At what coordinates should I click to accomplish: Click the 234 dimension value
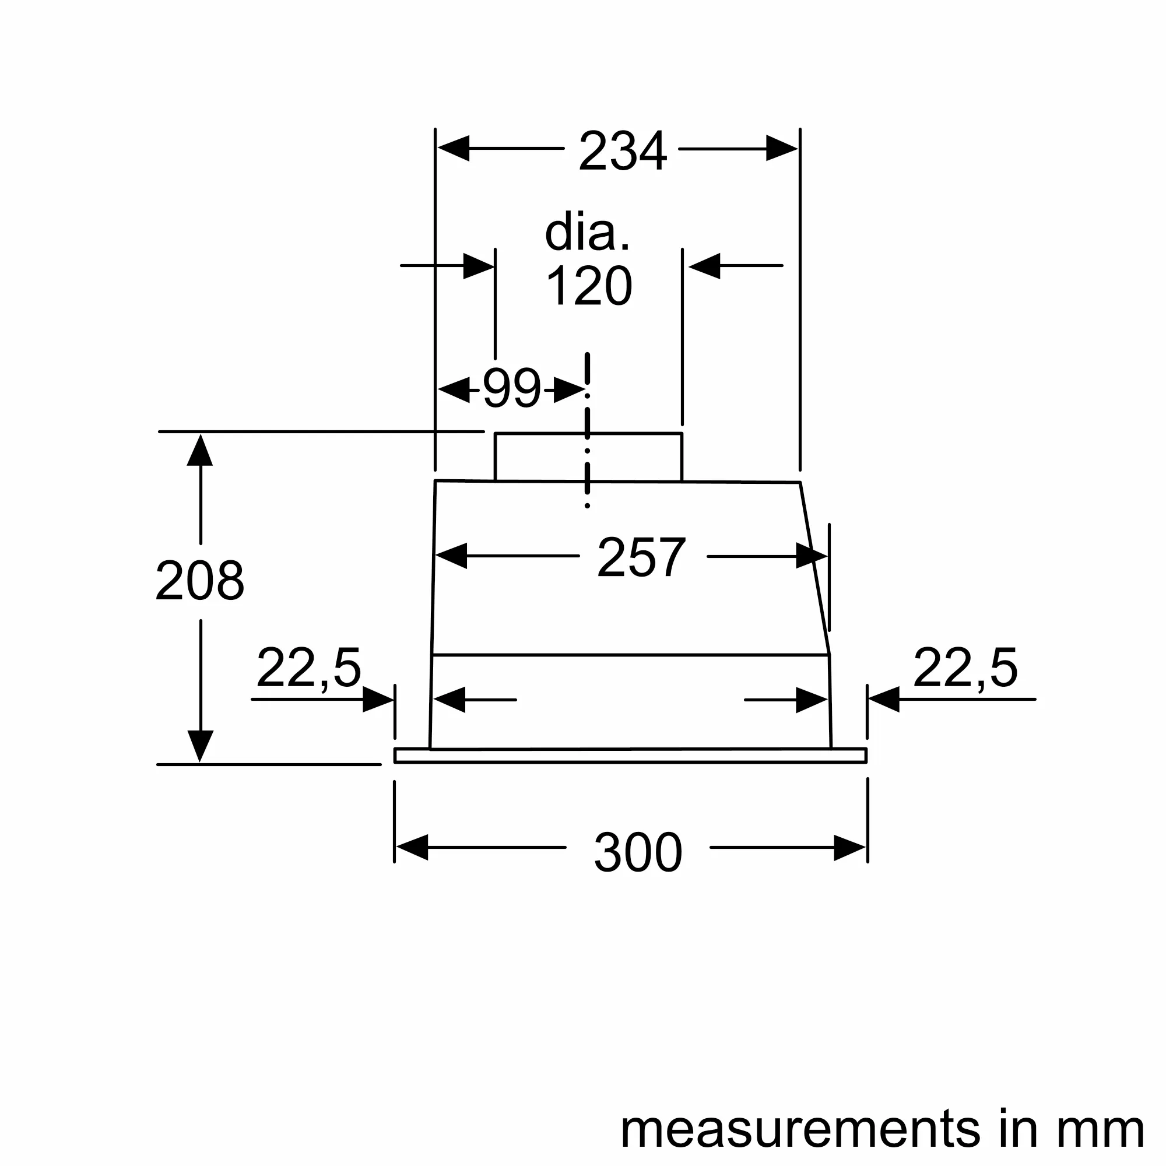[622, 151]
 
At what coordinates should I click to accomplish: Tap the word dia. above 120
[587, 233]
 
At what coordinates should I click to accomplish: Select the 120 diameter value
[589, 286]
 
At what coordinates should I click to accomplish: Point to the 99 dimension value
[512, 389]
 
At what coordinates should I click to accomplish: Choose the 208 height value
[200, 581]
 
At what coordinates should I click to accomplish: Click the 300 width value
[638, 853]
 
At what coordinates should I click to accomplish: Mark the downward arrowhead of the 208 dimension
[200, 747]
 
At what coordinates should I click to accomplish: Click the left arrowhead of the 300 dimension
[412, 847]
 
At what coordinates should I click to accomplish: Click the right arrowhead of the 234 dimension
[782, 149]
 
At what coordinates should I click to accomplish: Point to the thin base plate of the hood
[630, 756]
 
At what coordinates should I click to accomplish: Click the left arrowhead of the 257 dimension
[451, 556]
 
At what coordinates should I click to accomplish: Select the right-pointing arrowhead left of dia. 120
[479, 265]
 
